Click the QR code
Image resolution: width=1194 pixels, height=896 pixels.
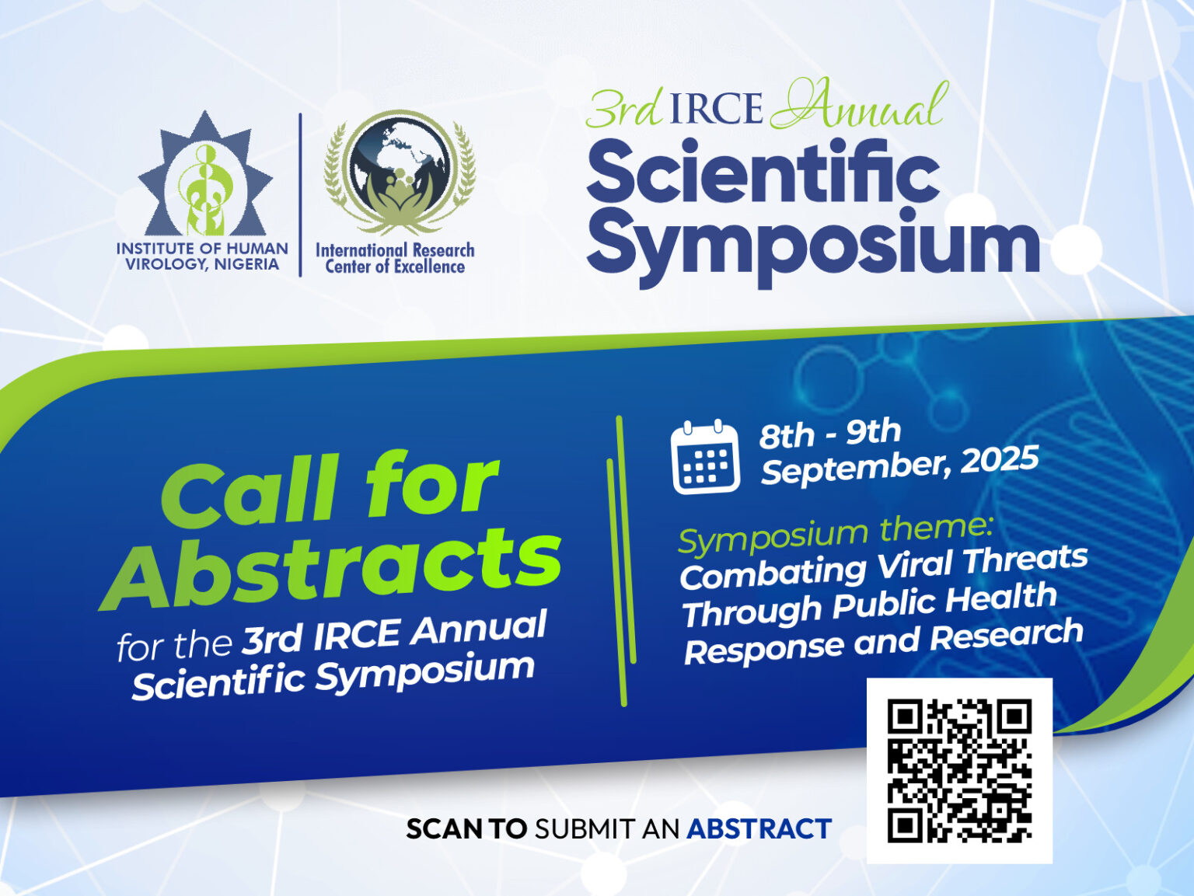pyautogui.click(x=959, y=771)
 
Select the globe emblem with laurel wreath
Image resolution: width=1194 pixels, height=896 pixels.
pyautogui.click(x=400, y=173)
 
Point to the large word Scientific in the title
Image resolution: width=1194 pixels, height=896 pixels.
pyautogui.click(x=763, y=172)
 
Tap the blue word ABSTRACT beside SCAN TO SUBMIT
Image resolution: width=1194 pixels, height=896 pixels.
pyautogui.click(x=759, y=829)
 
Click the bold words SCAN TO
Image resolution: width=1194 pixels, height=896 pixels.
pyautogui.click(x=466, y=829)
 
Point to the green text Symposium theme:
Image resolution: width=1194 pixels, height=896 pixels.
pyautogui.click(x=835, y=533)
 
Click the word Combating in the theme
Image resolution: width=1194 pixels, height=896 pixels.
pyautogui.click(x=773, y=574)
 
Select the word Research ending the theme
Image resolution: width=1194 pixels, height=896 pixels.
pyautogui.click(x=1007, y=635)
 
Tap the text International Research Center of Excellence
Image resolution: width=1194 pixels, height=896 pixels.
pyautogui.click(x=395, y=258)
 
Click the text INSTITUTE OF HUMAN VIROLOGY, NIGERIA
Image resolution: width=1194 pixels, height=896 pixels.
pyautogui.click(x=202, y=256)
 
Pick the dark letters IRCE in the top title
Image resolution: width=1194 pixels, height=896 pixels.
pyautogui.click(x=715, y=109)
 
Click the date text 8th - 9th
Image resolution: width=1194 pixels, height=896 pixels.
pyautogui.click(x=829, y=434)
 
